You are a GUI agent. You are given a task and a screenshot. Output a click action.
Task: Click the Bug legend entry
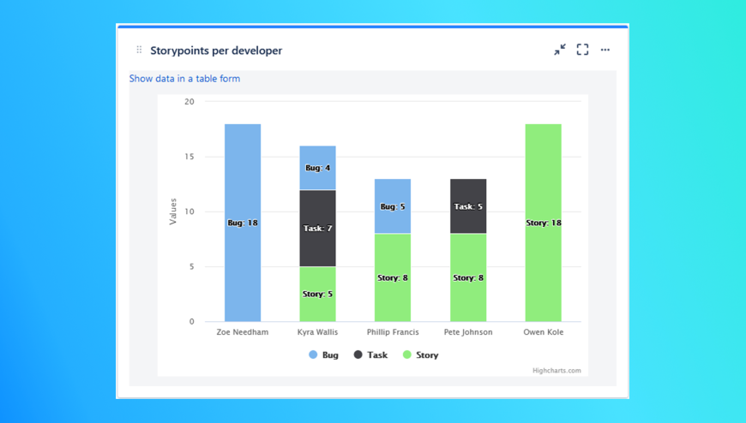click(x=324, y=354)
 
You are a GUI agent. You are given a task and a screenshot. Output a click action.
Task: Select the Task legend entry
click(x=370, y=354)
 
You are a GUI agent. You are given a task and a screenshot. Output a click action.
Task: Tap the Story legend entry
click(x=420, y=354)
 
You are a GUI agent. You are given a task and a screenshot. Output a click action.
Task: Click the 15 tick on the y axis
click(x=189, y=157)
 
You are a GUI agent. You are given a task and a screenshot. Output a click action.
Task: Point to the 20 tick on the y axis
click(x=189, y=102)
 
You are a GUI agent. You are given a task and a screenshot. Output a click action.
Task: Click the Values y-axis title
click(x=173, y=211)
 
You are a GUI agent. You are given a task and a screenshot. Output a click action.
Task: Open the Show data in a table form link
click(x=184, y=79)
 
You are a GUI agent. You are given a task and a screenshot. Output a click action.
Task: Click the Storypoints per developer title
click(x=216, y=51)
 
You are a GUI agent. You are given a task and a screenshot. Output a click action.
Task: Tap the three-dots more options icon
click(x=605, y=50)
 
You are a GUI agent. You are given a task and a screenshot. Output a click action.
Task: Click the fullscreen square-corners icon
click(x=582, y=50)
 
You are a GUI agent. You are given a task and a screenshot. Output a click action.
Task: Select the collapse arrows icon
click(x=560, y=50)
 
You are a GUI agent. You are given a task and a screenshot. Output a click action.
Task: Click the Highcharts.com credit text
click(x=556, y=371)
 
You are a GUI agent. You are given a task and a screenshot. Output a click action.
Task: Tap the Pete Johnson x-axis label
click(x=468, y=332)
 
